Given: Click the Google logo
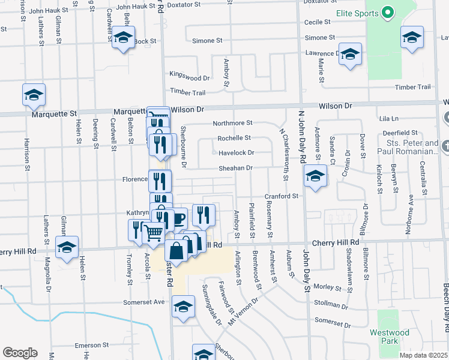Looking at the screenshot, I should click(20, 353).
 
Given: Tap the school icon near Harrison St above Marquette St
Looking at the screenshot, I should click(34, 95).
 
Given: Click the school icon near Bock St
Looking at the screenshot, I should click(123, 38).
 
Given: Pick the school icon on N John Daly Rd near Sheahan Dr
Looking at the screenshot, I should click(315, 176).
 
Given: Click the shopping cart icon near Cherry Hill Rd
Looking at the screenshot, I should click(154, 232).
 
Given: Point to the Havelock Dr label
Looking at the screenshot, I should click(236, 152).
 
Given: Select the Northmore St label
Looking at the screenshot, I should click(233, 123).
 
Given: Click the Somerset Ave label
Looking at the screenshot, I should click(143, 302).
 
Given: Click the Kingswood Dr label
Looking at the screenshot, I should click(190, 77).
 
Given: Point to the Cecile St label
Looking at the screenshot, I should click(318, 22).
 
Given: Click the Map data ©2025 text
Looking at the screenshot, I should click(424, 355).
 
